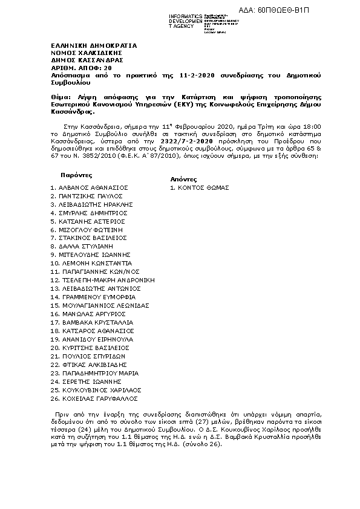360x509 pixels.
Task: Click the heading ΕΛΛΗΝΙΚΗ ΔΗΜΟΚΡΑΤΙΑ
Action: [x=94, y=45]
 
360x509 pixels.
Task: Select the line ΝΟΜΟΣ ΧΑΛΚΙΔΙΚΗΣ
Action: [x=83, y=53]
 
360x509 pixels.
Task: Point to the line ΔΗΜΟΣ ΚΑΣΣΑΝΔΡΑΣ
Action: [x=87, y=60]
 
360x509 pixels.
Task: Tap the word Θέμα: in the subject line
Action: [x=61, y=97]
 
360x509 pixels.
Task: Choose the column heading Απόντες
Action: [x=183, y=180]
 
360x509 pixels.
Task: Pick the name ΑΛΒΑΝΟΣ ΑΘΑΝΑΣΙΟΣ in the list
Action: [x=93, y=188]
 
